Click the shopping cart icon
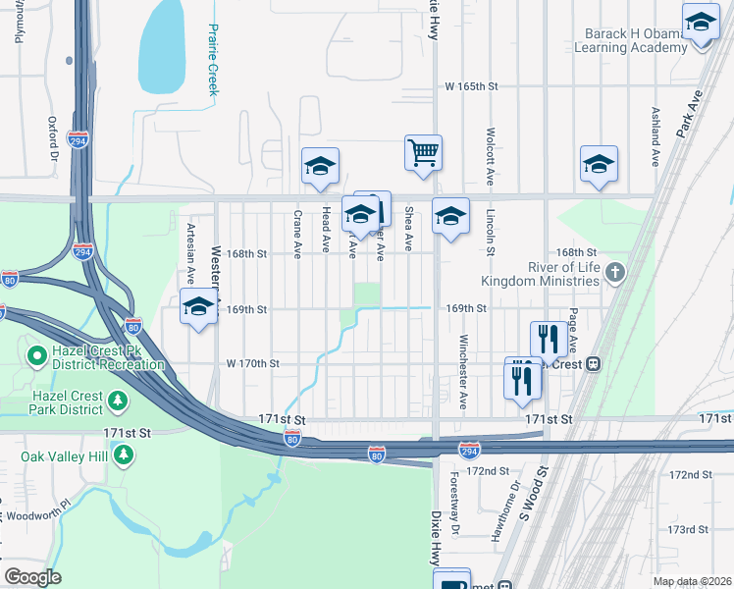[423, 153]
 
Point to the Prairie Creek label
[212, 59]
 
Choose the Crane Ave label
[296, 234]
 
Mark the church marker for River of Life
[615, 272]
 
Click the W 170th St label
[253, 363]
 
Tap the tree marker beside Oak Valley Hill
[124, 455]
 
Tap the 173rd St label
[688, 529]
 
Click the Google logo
[33, 576]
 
